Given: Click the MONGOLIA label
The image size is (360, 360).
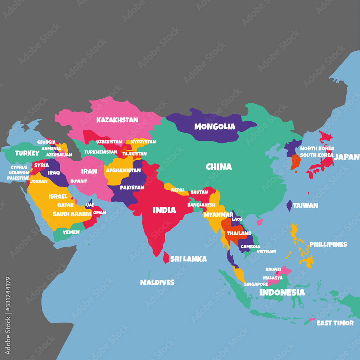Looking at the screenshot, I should [215, 126].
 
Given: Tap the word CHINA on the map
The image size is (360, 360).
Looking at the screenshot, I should [219, 167].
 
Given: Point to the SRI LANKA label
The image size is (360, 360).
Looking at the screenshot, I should [188, 259].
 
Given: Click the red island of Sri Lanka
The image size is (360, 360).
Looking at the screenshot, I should [166, 257].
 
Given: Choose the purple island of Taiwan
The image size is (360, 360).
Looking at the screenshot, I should [289, 206].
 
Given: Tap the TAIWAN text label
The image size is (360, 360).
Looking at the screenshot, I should [305, 205].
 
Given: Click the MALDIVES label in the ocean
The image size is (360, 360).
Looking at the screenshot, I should [157, 282].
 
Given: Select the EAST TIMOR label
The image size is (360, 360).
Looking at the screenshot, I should [335, 323].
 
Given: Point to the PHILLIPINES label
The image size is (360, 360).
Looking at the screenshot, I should [328, 244].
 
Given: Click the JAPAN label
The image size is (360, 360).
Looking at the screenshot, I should [346, 157].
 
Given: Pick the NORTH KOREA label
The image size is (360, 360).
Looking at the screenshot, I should [317, 148].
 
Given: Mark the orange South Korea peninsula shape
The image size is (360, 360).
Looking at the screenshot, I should [295, 162].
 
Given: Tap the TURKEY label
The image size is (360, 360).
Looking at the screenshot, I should [27, 153].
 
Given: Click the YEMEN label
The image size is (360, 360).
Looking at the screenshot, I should [71, 232].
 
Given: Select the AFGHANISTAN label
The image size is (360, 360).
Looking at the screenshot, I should [123, 170].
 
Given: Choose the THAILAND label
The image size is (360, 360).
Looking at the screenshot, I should [239, 233].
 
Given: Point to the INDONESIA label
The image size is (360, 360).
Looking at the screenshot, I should [282, 292].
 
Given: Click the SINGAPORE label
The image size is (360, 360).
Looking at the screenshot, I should [256, 284].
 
